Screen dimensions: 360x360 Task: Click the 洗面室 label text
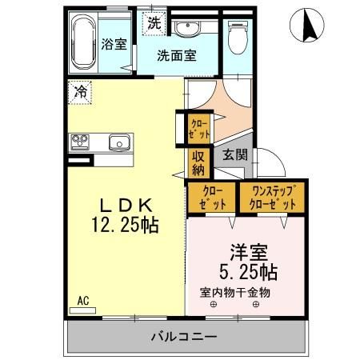click(176, 57)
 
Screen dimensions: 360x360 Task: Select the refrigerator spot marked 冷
click(80, 92)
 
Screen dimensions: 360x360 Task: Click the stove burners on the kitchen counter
click(81, 143)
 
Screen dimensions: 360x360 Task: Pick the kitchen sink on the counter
click(119, 144)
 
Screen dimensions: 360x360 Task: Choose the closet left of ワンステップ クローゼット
click(212, 198)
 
